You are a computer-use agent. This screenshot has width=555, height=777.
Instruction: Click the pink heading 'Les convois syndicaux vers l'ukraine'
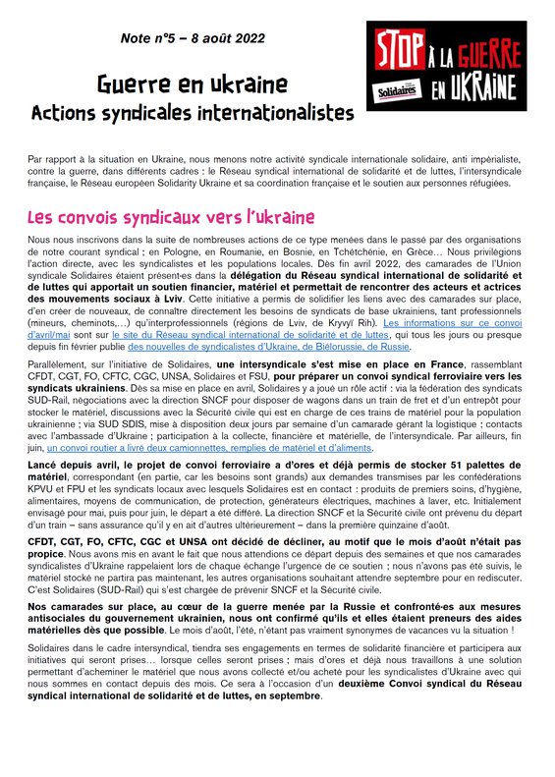pyautogui.click(x=171, y=216)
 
